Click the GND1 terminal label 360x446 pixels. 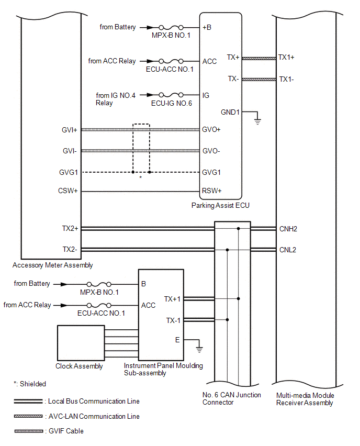230,113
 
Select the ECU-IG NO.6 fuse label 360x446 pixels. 172,103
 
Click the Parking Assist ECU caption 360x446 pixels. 220,205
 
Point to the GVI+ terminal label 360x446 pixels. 70,130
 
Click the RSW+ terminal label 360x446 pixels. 211,191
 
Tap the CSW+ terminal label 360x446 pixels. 67,191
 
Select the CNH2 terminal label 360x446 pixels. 288,229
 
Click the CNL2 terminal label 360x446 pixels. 287,250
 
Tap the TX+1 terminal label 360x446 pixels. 172,299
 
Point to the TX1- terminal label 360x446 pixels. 286,79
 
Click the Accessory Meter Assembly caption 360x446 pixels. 53,265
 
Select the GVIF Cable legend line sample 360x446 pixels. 29,431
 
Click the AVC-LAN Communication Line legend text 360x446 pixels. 94,416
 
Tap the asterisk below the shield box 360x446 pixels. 140,177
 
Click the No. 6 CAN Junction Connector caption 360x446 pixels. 231,398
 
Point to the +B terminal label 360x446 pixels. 207,27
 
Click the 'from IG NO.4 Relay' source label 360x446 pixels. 116,99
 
